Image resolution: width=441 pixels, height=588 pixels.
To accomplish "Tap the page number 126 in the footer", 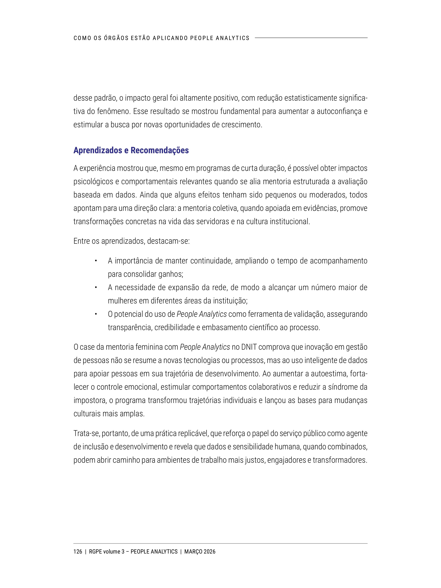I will tap(78, 552).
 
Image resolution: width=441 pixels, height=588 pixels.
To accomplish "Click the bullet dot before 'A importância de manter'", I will tap(95, 261).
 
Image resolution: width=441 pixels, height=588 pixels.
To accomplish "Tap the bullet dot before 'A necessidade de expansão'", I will tap(95, 287).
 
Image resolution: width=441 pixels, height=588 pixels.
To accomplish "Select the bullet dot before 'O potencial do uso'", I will tap(95, 314).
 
